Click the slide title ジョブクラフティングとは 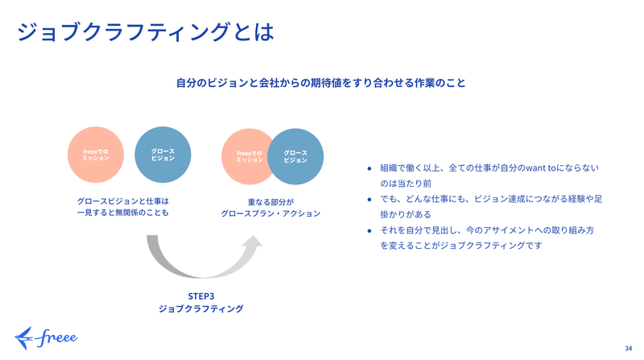point(146,32)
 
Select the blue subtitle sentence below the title point(320,83)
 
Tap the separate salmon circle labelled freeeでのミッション point(96,155)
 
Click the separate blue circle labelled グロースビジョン point(163,155)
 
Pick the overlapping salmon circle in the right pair point(245,156)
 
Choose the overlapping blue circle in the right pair point(295,156)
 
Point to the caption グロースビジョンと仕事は point(123,201)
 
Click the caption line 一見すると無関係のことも point(123,213)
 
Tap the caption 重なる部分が point(270,202)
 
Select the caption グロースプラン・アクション point(270,213)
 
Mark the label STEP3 point(201,296)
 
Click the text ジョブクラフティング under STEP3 point(201,308)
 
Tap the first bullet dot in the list point(369,168)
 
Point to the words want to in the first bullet point(540,168)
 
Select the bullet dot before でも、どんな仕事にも point(369,200)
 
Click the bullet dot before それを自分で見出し point(369,231)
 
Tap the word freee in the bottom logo point(56,338)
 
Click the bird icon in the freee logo point(23,338)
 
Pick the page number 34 point(629,349)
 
